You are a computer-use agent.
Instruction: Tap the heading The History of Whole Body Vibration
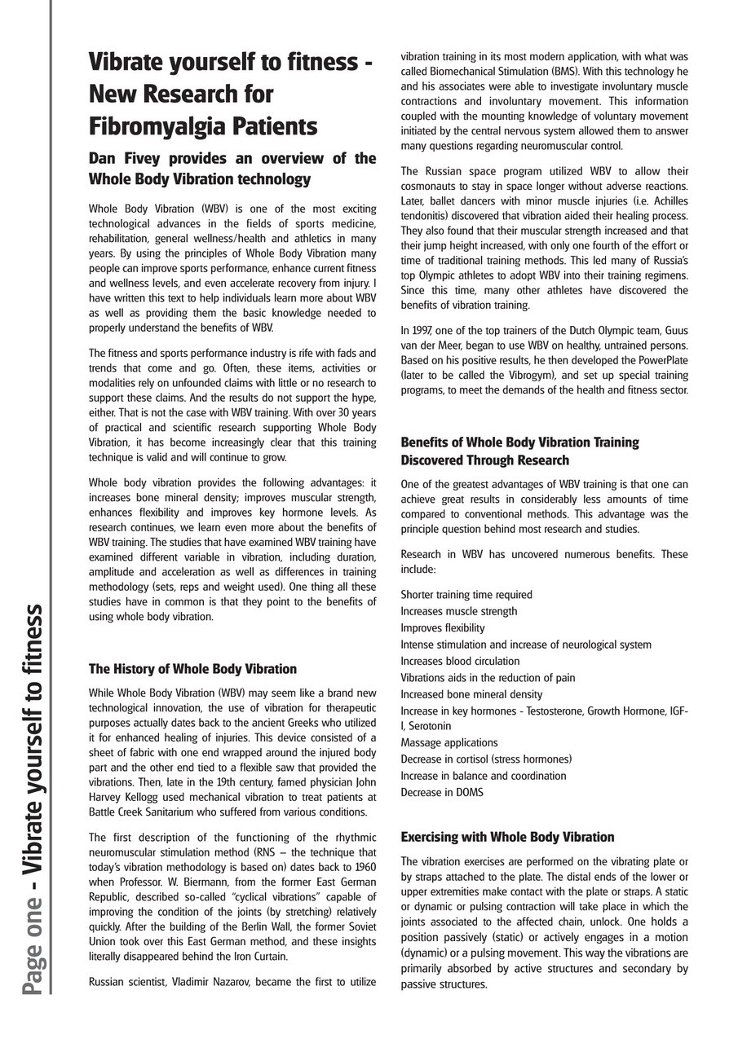(192, 669)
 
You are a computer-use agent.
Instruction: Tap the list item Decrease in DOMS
(442, 792)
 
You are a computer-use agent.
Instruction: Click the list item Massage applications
(449, 742)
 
